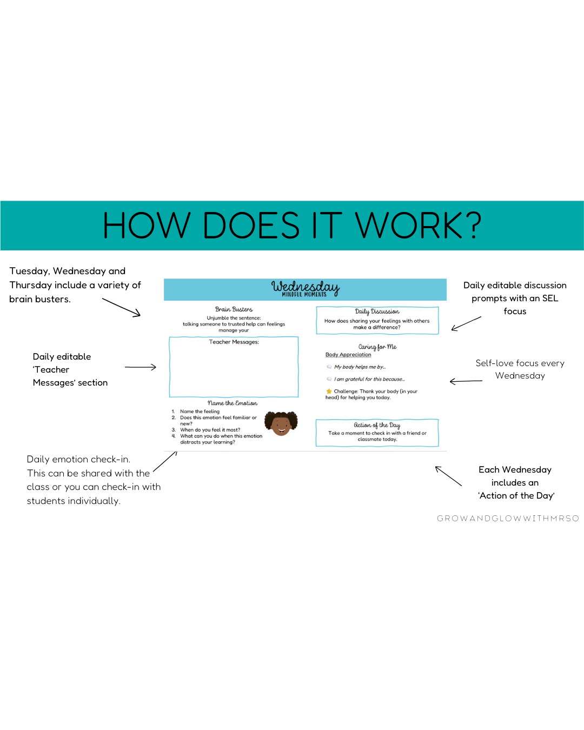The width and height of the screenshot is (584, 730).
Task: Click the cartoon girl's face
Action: (281, 424)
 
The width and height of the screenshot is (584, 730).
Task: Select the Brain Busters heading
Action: (234, 309)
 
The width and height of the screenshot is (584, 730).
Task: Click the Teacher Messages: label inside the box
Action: (234, 342)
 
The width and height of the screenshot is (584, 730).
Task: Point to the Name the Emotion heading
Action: (233, 403)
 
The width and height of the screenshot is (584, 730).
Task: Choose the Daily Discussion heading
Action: (377, 311)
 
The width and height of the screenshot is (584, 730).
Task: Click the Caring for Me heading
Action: (377, 347)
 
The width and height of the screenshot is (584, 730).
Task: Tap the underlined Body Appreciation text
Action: (348, 355)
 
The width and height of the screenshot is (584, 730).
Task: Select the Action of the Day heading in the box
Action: (377, 425)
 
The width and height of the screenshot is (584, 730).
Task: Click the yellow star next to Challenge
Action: (329, 391)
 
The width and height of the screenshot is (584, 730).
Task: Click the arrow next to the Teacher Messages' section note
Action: (141, 367)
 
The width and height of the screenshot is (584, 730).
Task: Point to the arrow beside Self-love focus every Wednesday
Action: (466, 381)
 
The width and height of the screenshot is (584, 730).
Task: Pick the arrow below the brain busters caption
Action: (122, 307)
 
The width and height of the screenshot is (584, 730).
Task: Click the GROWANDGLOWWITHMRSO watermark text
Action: (508, 518)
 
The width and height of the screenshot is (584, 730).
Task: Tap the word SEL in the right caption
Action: (550, 298)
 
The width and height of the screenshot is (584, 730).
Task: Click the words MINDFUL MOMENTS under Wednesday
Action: (304, 295)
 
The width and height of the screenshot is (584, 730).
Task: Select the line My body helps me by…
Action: (360, 367)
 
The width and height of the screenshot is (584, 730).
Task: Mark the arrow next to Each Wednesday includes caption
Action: (448, 476)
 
